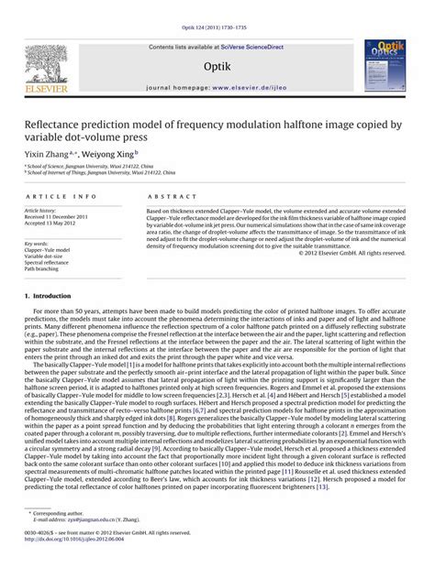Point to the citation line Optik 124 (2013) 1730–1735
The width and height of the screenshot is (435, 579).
pos(217,7)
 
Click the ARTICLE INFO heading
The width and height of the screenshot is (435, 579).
pos(60,197)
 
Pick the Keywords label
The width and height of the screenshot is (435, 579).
pos(36,243)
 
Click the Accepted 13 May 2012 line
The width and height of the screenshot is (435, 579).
pos(50,223)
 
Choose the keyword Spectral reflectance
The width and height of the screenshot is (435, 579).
pos(48,262)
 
